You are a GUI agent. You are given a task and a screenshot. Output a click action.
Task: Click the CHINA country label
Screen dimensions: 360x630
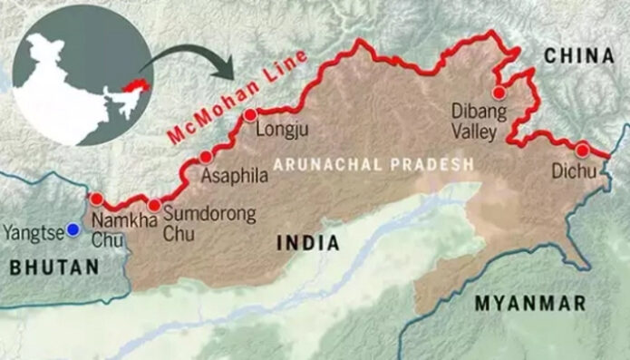click(579, 56)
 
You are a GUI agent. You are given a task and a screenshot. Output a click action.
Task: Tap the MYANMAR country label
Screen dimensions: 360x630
click(532, 304)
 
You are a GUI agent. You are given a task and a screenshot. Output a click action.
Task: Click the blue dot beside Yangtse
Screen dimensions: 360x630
click(72, 231)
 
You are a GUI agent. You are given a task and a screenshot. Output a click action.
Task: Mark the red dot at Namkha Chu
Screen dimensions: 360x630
click(96, 198)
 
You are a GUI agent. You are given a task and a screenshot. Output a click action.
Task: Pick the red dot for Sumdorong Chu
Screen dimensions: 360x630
click(154, 206)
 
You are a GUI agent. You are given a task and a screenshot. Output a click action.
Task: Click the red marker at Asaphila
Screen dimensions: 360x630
click(207, 157)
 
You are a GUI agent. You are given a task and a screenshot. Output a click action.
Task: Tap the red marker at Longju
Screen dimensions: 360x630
click(249, 114)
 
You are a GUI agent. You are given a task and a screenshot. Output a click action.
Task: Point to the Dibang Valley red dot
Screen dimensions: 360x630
click(497, 92)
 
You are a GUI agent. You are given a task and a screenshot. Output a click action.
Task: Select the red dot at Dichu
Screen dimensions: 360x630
click(581, 150)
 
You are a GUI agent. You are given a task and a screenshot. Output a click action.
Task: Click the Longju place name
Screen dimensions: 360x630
click(284, 130)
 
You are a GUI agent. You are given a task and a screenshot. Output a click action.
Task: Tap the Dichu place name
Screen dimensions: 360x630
click(577, 170)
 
